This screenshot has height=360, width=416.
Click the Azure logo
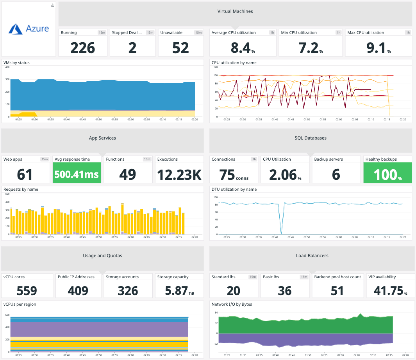pos(29,29)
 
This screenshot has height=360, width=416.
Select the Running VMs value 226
pos(82,47)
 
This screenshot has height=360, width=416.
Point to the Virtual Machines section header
pos(235,11)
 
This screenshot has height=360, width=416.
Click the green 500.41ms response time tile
pos(77,174)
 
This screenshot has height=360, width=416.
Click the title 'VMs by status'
pos(16,63)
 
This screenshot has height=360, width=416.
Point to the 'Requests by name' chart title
pos(21,189)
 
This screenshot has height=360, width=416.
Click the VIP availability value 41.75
pos(386,290)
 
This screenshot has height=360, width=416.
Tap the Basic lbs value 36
pos(285,290)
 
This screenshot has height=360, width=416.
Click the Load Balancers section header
pos(312,256)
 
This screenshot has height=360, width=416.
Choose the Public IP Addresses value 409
pos(78,290)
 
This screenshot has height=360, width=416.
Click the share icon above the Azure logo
pos(53,5)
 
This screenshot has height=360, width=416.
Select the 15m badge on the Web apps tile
pos(45,159)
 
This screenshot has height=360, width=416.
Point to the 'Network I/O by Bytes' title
pos(231,304)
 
